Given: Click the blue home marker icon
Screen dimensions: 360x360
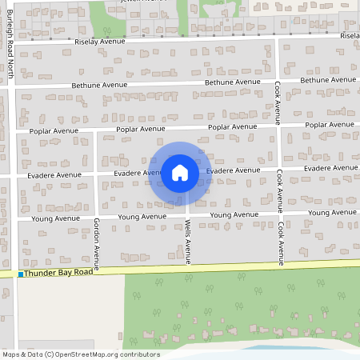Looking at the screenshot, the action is pyautogui.click(x=180, y=173).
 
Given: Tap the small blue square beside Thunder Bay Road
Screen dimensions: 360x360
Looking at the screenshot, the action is pyautogui.click(x=21, y=274).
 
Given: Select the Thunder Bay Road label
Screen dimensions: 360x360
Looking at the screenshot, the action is pyautogui.click(x=58, y=274).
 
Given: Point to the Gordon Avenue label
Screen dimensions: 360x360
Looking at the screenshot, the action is pyautogui.click(x=96, y=245).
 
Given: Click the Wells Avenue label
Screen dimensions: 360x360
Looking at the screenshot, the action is pyautogui.click(x=189, y=242).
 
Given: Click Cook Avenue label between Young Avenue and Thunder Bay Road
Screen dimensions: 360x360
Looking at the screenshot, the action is pyautogui.click(x=281, y=243).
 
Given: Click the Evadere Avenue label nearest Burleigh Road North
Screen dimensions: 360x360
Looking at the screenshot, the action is pyautogui.click(x=54, y=174).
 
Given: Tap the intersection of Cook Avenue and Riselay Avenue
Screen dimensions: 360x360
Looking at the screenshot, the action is pyautogui.click(x=277, y=37).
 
